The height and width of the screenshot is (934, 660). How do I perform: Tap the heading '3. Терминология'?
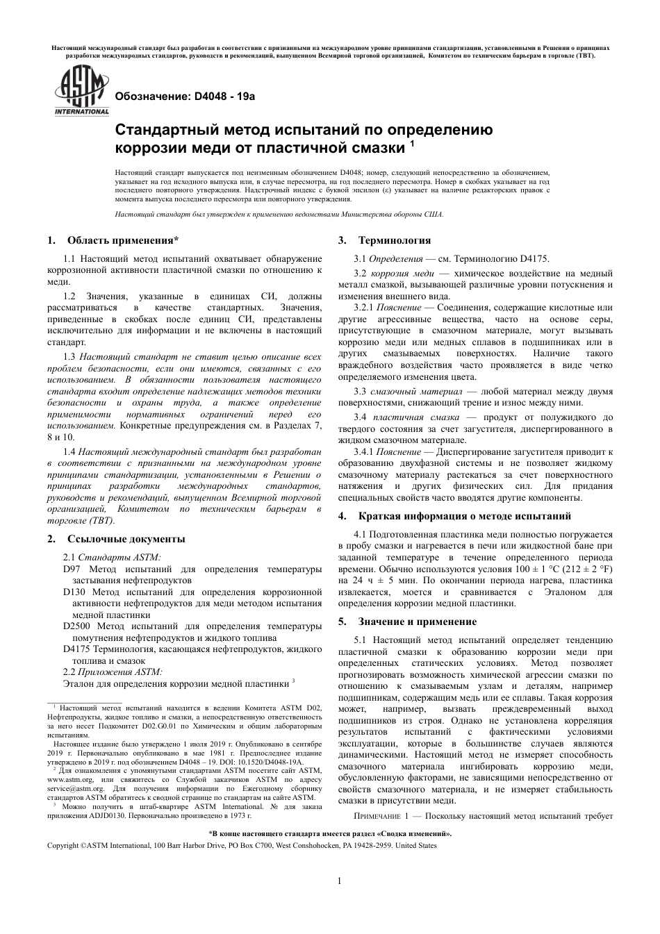385,240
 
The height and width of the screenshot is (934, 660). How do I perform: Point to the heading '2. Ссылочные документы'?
116,538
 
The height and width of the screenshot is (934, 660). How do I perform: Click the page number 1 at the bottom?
339,882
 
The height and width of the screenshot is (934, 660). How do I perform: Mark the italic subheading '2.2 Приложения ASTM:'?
112,672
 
